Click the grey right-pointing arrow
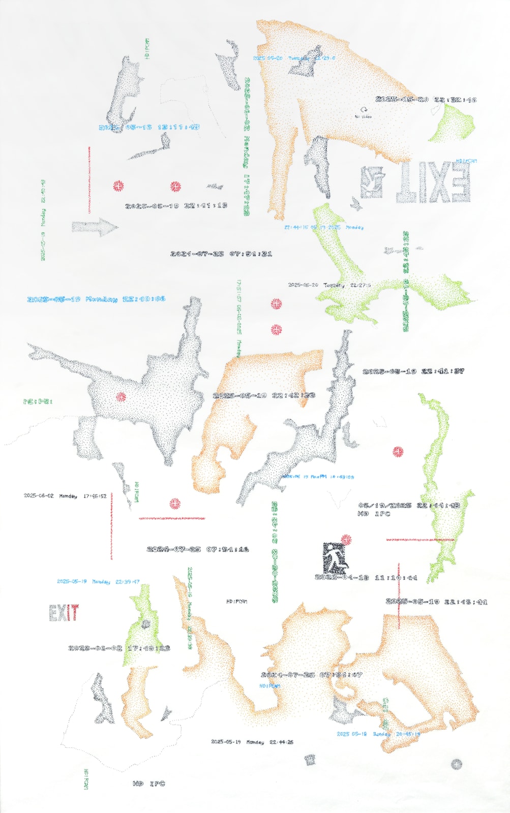click(94, 227)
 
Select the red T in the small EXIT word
click(74, 613)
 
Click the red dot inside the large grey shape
click(121, 397)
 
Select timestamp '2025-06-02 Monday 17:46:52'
click(65, 495)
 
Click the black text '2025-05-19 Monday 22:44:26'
click(252, 742)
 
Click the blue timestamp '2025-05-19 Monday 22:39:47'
click(98, 581)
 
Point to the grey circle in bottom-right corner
click(456, 763)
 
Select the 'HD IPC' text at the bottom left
click(148, 784)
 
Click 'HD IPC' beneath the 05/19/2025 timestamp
click(374, 514)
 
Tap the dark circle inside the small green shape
click(146, 624)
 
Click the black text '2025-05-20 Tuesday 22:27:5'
click(329, 285)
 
